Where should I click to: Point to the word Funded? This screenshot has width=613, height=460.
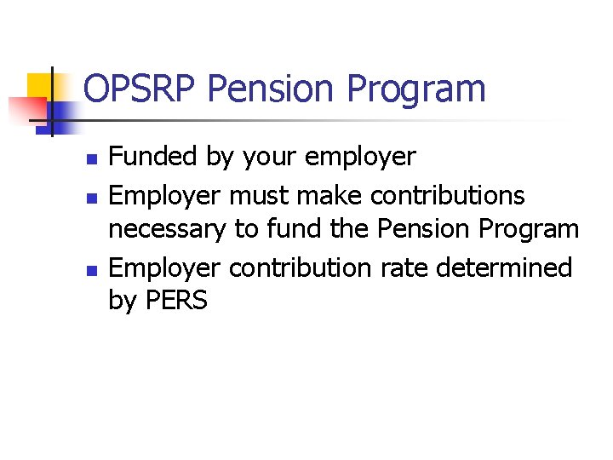pyautogui.click(x=150, y=157)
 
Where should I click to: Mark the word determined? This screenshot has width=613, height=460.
pyautogui.click(x=505, y=267)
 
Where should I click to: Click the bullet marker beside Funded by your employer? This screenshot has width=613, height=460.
pyautogui.click(x=93, y=158)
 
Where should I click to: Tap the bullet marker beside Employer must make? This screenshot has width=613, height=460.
pyautogui.click(x=93, y=197)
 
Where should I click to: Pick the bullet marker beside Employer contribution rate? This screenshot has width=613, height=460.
pyautogui.click(x=93, y=269)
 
